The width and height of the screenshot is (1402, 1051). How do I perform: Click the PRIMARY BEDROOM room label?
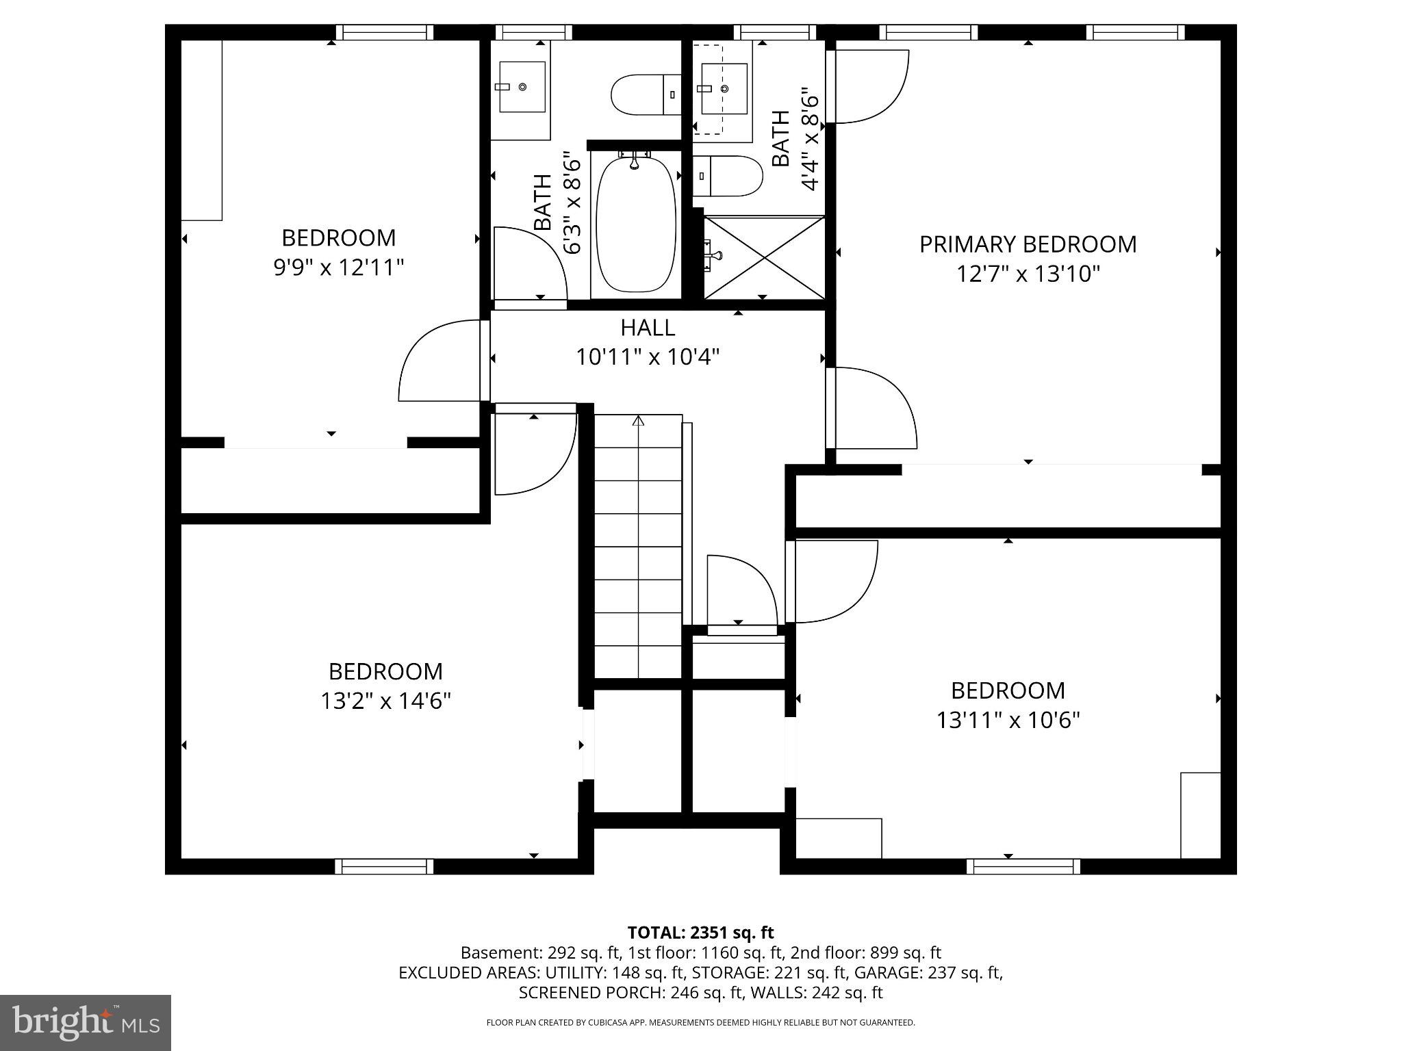click(1027, 244)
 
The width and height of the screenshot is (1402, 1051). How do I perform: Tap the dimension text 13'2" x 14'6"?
click(385, 701)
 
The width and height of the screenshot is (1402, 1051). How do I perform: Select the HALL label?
click(648, 328)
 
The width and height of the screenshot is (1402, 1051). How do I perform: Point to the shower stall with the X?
click(764, 257)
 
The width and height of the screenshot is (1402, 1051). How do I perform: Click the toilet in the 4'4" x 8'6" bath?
click(727, 176)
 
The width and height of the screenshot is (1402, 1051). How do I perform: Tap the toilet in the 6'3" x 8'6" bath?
click(645, 94)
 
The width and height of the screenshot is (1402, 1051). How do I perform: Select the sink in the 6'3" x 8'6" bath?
click(522, 87)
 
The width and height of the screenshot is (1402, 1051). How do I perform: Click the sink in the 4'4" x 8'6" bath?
click(723, 88)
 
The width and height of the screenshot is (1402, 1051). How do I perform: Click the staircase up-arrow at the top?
click(639, 420)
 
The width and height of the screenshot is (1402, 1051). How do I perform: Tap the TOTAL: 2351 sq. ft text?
click(700, 933)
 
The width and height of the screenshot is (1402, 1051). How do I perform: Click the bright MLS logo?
click(85, 1023)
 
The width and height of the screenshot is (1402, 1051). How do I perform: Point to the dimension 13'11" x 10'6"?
click(1008, 721)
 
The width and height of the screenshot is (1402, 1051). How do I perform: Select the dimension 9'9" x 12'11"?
click(339, 268)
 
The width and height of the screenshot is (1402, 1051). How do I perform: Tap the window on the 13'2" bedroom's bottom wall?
click(384, 866)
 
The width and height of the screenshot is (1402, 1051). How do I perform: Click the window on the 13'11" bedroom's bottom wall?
click(1023, 866)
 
